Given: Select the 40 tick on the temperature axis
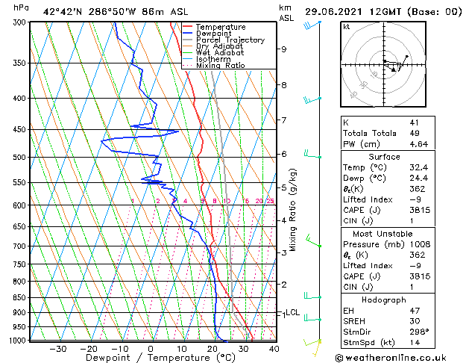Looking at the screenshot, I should (x=274, y=348).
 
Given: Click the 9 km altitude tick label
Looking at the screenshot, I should (x=283, y=49).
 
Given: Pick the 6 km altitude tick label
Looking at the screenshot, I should (x=283, y=154).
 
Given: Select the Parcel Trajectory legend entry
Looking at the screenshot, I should (x=230, y=40).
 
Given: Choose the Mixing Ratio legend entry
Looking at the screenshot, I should (x=220, y=66).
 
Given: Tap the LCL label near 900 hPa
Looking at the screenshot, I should (x=292, y=313).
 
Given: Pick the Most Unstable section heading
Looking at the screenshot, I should (x=383, y=233).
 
